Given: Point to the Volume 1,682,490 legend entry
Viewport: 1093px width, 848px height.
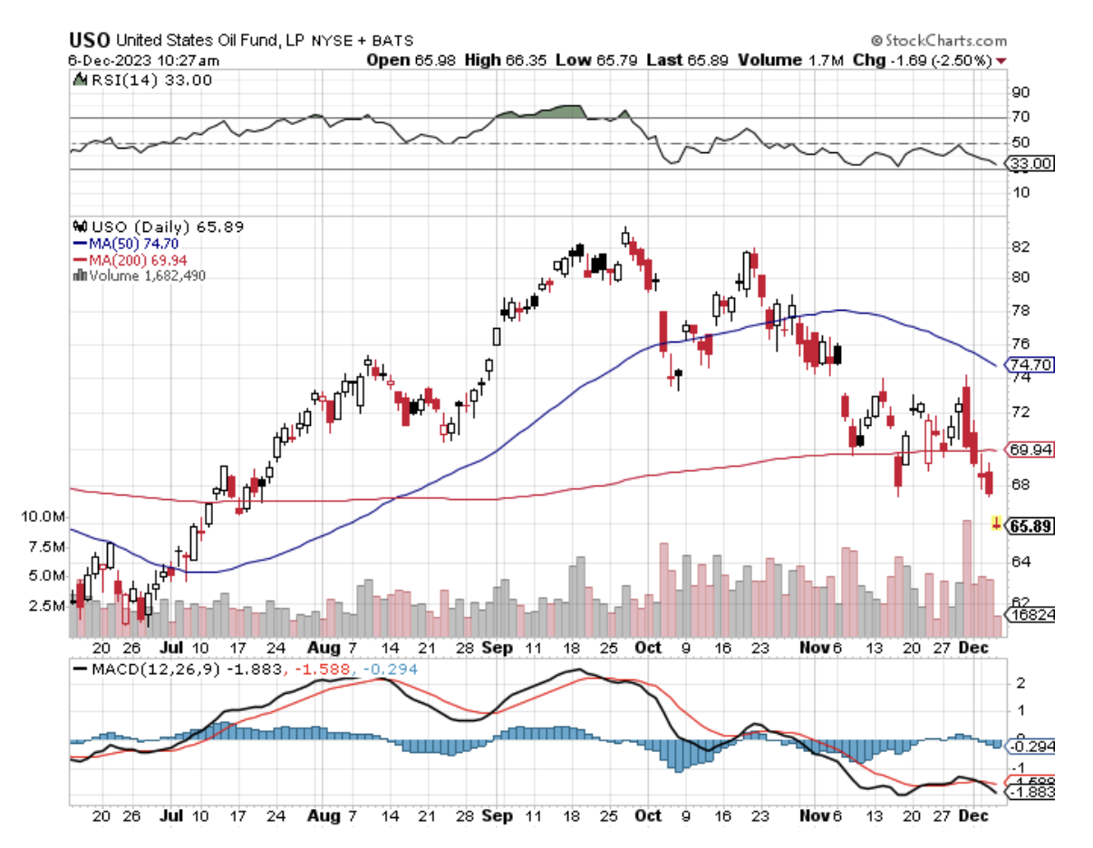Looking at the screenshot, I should point(140,275).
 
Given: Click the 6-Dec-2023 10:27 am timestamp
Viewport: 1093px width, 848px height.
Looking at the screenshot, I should point(143,61).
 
